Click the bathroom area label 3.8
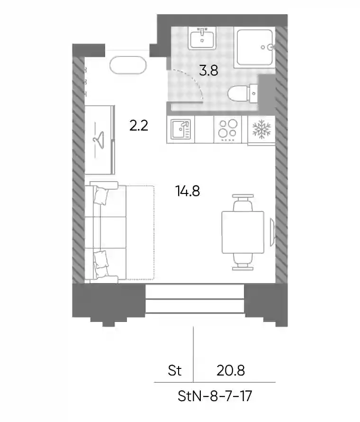click(x=208, y=71)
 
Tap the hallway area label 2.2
click(x=139, y=126)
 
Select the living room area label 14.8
click(x=188, y=192)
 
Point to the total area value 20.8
click(x=231, y=371)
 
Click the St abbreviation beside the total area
click(x=175, y=371)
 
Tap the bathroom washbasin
click(x=202, y=38)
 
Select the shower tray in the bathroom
click(x=254, y=47)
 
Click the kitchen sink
click(x=180, y=129)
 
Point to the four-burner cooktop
click(x=228, y=129)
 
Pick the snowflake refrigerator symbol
click(x=261, y=129)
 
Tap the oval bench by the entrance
click(x=128, y=65)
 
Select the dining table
click(x=243, y=232)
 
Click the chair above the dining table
click(x=243, y=202)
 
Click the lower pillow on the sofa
click(x=101, y=259)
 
